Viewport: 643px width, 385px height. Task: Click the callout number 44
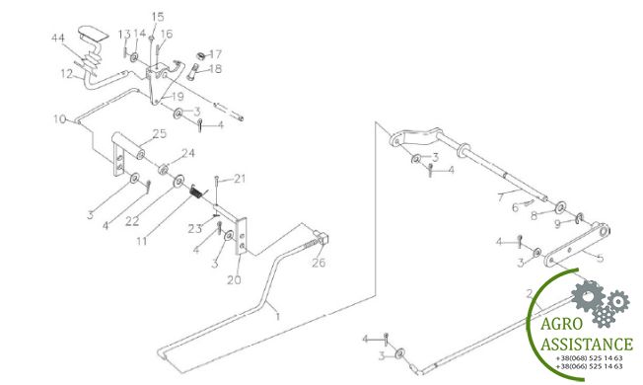(x=58, y=38)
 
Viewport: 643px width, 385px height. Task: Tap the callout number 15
(x=158, y=17)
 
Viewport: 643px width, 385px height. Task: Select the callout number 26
(x=319, y=263)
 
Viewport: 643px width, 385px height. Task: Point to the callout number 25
(x=160, y=134)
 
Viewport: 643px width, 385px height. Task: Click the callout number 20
(x=234, y=280)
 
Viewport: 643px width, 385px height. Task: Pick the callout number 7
(x=500, y=197)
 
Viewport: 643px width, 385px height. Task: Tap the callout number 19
(x=178, y=97)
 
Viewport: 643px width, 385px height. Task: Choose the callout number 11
(x=141, y=241)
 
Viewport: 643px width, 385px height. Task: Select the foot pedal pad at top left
(x=94, y=33)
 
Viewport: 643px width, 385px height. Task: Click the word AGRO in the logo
(x=561, y=324)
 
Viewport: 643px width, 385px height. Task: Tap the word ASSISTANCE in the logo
(x=587, y=344)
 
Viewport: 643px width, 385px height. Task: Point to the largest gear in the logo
(x=588, y=295)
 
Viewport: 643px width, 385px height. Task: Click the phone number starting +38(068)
(x=589, y=358)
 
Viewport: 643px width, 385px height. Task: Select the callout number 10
(x=60, y=119)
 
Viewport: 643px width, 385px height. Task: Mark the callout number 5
(x=600, y=259)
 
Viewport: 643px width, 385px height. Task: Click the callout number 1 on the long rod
(x=278, y=317)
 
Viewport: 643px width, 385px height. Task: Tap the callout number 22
(x=132, y=221)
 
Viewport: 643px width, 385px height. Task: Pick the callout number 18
(x=215, y=68)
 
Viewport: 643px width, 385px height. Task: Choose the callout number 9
(x=557, y=224)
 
